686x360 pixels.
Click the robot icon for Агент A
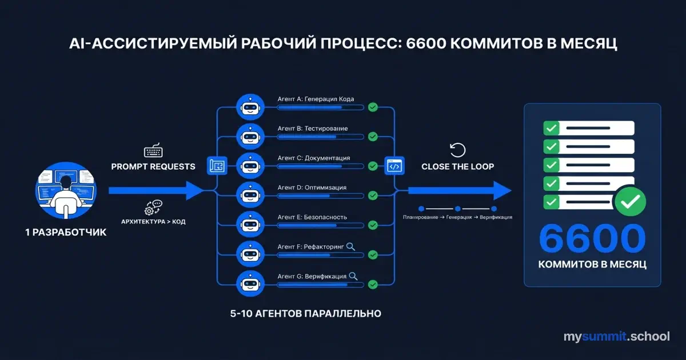249,106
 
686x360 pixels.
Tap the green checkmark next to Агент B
373,136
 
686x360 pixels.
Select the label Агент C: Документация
314,158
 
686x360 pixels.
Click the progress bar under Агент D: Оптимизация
320,196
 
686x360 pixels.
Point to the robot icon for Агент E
249,224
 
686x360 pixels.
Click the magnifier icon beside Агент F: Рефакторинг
350,246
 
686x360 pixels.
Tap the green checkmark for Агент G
373,284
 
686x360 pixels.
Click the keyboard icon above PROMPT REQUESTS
153,151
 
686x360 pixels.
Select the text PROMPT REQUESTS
153,167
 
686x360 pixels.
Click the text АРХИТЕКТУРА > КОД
153,221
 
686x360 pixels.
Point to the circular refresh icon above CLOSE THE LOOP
458,150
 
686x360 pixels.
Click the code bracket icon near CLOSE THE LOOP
394,166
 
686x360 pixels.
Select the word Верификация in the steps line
496,218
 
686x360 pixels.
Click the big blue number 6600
592,238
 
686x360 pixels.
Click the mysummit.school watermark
616,337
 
